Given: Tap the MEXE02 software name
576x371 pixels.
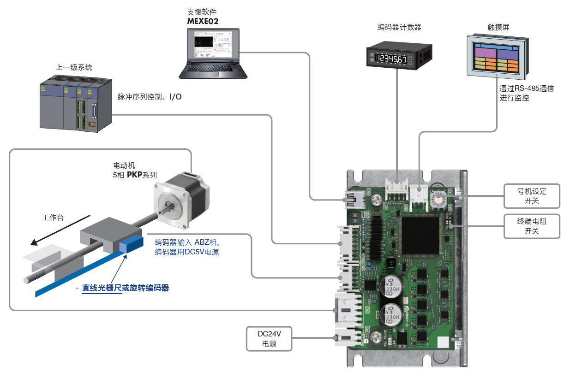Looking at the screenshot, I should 203,21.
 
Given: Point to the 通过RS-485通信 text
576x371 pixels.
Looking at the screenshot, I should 527,88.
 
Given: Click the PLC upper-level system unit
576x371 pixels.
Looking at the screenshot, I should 74,106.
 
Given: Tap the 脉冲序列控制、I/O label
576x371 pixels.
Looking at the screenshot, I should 150,97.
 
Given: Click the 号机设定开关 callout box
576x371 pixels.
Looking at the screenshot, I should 532,196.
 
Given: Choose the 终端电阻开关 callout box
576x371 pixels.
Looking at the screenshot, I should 532,226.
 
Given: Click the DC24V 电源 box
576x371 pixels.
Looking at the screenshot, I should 269,339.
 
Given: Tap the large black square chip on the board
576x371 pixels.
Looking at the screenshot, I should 421,236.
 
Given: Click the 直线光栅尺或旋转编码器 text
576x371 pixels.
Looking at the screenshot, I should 126,288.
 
